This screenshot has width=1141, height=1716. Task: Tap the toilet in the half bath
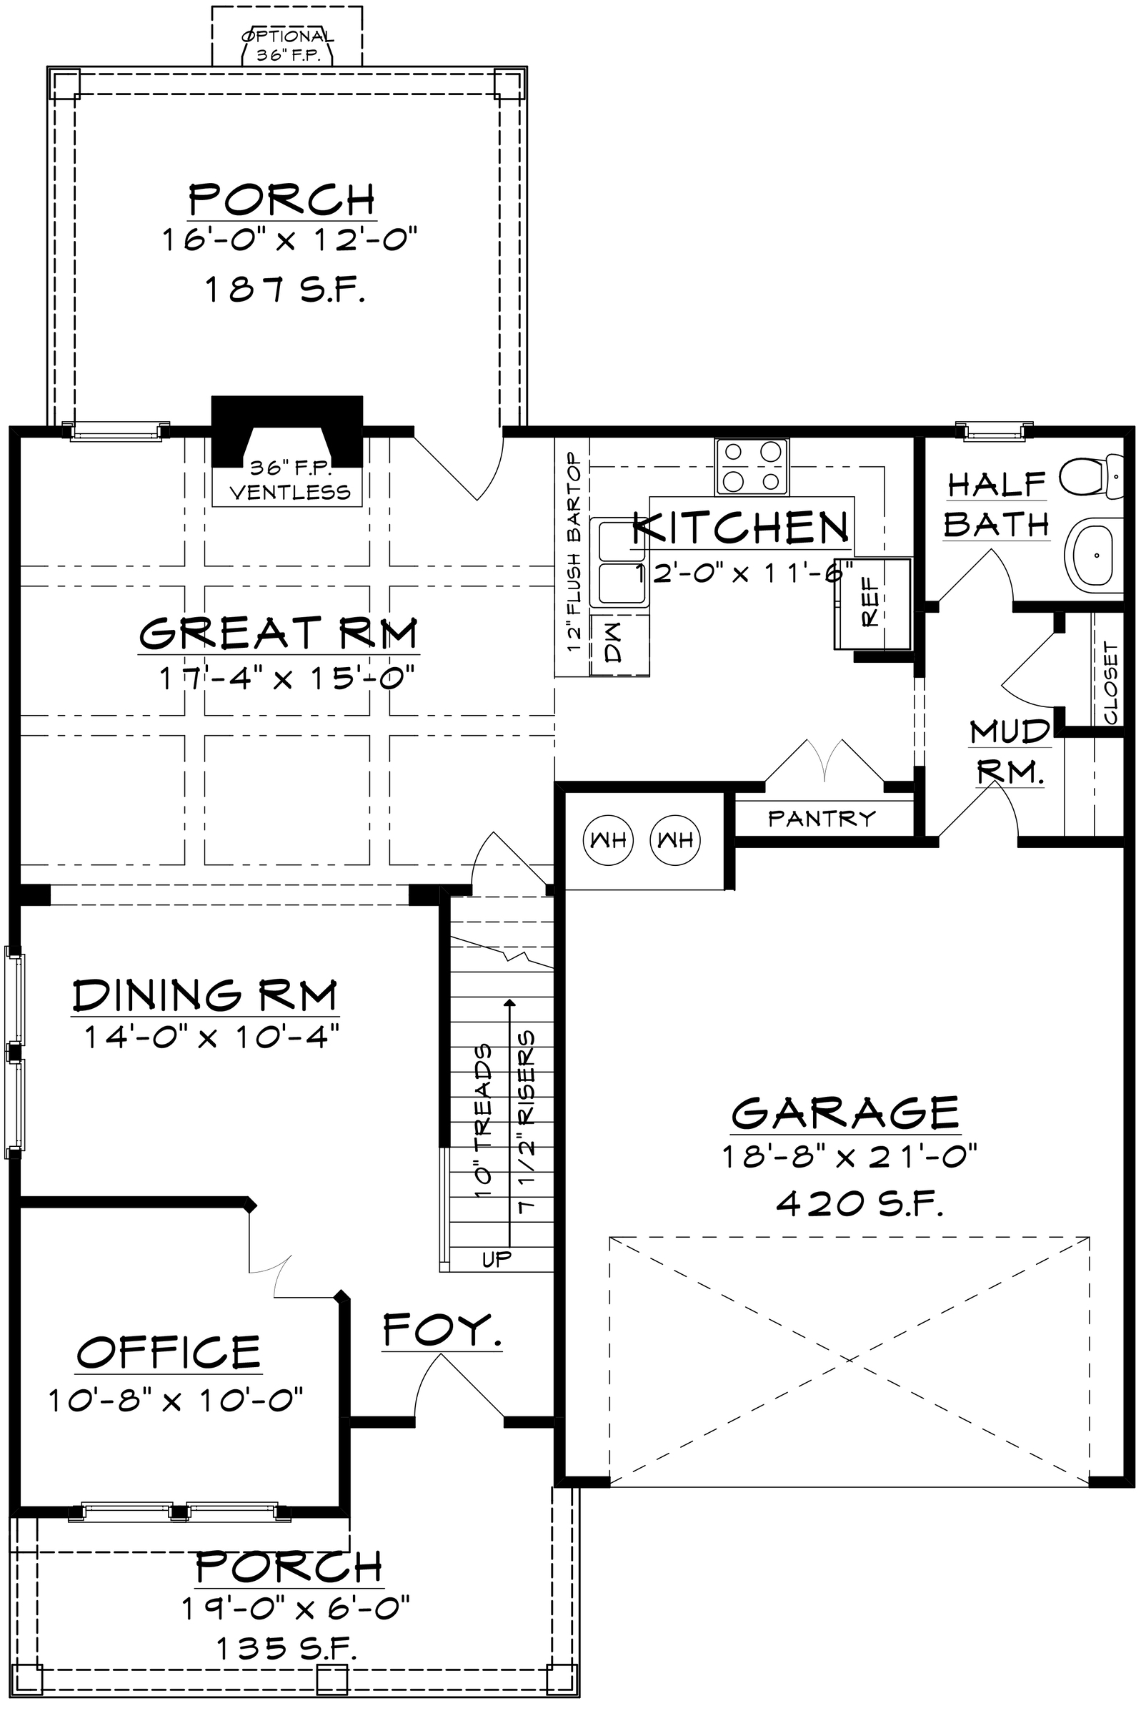[1092, 476]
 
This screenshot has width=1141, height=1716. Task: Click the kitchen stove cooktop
[751, 466]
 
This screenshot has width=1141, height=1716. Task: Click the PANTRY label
[822, 819]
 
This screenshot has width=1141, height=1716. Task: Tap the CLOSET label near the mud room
[1110, 682]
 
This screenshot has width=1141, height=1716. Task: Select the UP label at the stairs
[498, 1258]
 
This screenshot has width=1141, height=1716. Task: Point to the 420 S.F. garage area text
[860, 1204]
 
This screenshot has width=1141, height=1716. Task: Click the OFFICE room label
[168, 1351]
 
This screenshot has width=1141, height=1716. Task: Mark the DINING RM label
[205, 995]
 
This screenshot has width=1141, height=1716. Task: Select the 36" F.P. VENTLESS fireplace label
[290, 480]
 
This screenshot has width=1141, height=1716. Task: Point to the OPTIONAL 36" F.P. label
[287, 45]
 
